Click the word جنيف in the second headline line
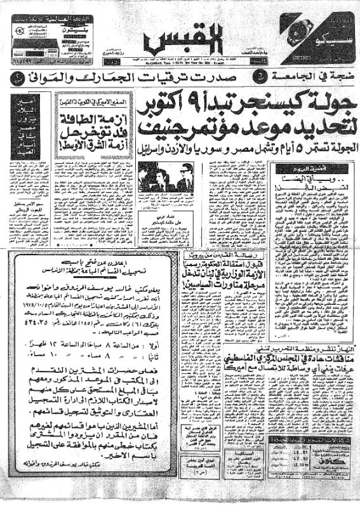coord(184,130)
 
